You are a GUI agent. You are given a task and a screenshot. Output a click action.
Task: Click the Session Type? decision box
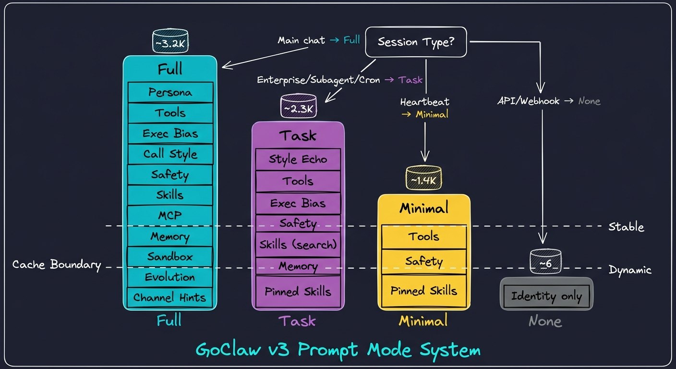click(x=416, y=42)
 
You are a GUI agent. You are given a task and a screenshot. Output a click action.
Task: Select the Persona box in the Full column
click(x=170, y=92)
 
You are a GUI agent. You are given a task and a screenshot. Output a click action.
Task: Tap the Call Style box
click(x=170, y=154)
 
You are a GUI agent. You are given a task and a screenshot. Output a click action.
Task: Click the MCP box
click(x=170, y=216)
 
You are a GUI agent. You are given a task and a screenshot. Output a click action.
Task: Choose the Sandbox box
click(x=170, y=257)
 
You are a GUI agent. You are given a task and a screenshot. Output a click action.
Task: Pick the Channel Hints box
click(x=170, y=297)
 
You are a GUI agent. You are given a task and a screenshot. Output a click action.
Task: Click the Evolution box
click(x=170, y=277)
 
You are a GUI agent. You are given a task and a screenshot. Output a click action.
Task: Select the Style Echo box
click(x=298, y=160)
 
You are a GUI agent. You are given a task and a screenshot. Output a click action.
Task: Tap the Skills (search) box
click(x=298, y=245)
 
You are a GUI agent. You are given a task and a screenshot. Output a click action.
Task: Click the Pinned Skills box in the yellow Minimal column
click(x=423, y=291)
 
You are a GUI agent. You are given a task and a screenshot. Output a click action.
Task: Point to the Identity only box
click(x=546, y=296)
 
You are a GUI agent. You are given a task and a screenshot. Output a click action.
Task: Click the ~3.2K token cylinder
click(x=170, y=42)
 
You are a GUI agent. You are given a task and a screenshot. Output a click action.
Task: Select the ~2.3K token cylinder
click(x=298, y=109)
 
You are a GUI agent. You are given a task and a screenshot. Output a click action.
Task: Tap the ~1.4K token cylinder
click(x=423, y=180)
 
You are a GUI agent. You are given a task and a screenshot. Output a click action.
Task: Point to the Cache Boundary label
click(x=57, y=265)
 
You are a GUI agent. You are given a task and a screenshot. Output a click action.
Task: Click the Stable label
click(x=626, y=227)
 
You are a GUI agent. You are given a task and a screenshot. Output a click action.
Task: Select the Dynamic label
click(x=630, y=270)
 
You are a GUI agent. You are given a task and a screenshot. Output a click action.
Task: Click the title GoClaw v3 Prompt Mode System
click(x=338, y=349)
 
